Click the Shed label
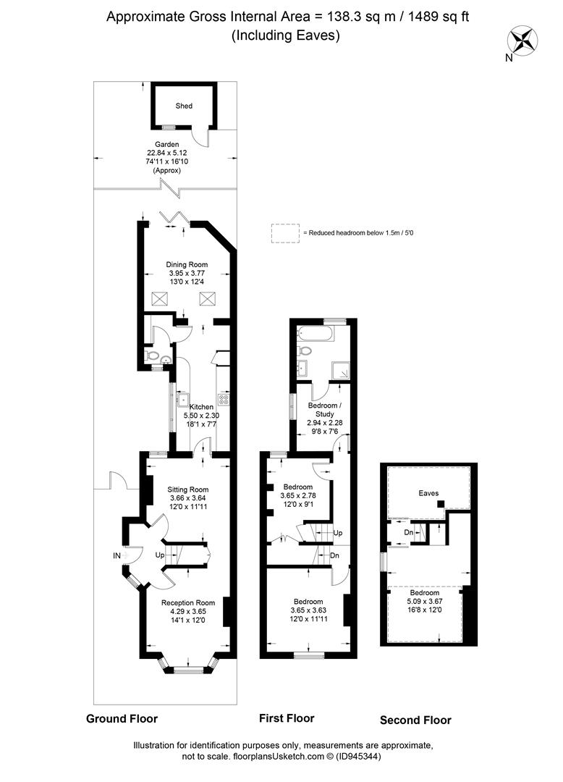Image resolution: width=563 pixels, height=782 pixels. coord(184,106)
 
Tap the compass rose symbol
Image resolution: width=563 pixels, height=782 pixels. coord(522,40)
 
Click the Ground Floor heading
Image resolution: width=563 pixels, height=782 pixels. coord(122,719)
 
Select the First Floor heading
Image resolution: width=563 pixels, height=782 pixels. coord(287,718)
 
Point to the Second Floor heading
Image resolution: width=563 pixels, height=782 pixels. coord(415,720)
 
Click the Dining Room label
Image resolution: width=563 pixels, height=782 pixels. coord(187,265)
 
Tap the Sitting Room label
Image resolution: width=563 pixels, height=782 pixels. coord(188,489)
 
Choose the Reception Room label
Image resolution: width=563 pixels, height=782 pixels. coord(188,603)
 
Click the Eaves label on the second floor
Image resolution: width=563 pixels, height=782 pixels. coord(428,493)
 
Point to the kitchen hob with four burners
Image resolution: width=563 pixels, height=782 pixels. coord(224,399)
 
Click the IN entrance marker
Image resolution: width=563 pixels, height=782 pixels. coord(117,555)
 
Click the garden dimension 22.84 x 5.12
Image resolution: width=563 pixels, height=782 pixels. coord(167,153)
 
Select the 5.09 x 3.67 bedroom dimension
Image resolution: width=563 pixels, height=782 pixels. coord(425,602)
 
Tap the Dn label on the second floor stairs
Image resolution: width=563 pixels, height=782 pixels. coord(409,533)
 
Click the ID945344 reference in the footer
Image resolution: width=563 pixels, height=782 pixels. coord(358,757)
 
